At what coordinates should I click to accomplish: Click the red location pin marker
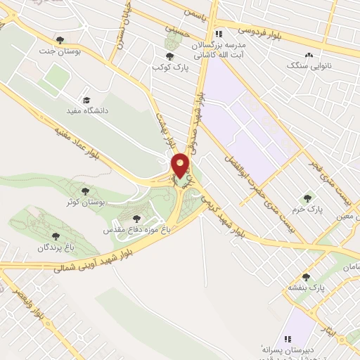coord(181,165)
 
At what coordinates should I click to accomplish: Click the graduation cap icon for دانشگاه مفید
coord(87,100)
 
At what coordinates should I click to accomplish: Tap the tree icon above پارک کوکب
coord(169,56)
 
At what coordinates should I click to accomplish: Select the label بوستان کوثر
coord(103,202)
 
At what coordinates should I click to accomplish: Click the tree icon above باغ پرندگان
coord(56,236)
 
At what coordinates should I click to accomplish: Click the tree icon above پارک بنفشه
coord(306,277)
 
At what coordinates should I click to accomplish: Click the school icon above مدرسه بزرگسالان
coord(219,33)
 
